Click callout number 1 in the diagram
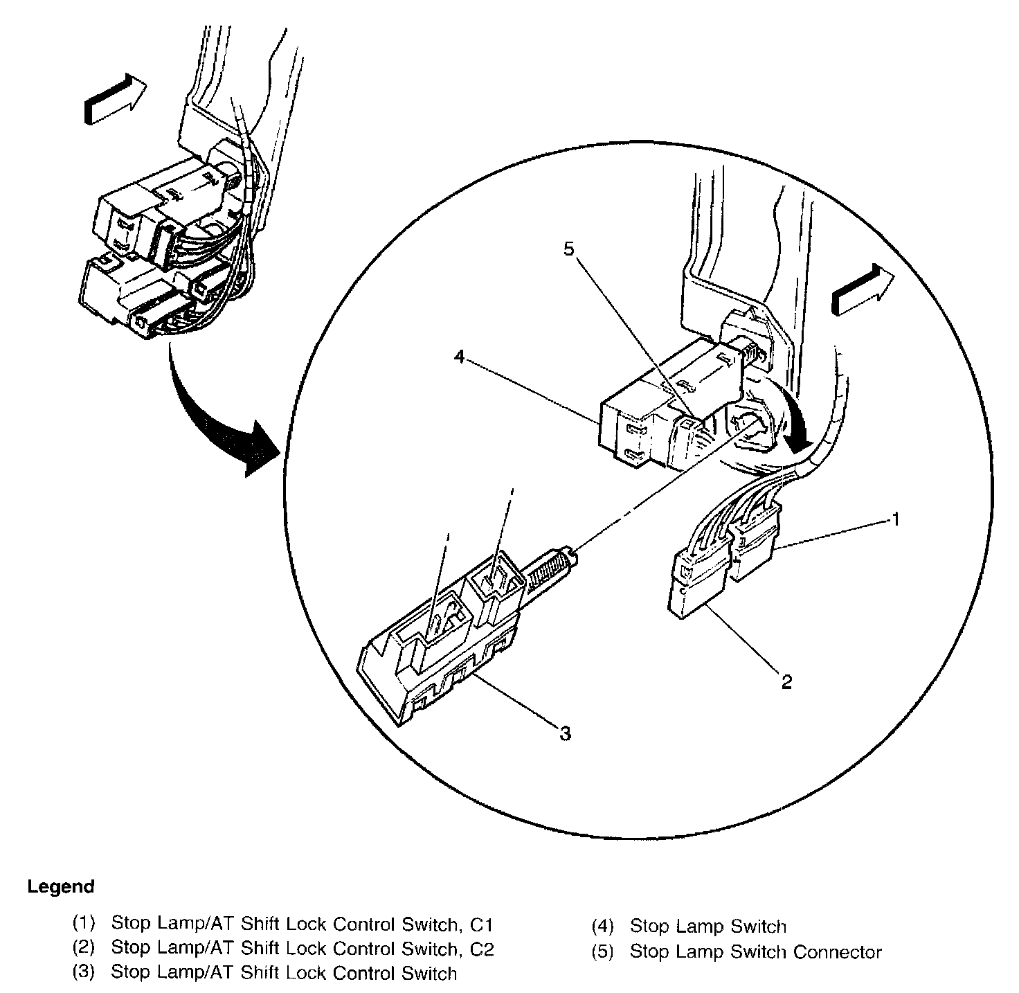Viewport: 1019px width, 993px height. click(x=896, y=519)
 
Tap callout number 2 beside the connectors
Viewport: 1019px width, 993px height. click(x=786, y=681)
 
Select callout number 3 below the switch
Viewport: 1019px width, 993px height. click(x=566, y=733)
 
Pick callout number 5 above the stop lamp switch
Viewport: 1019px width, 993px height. click(x=568, y=249)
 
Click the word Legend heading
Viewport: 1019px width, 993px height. click(x=61, y=886)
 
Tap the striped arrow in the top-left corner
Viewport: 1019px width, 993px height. click(x=115, y=100)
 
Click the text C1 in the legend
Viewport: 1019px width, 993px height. click(x=480, y=925)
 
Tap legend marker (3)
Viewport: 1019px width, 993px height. click(x=83, y=973)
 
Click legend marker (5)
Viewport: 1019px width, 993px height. click(x=602, y=952)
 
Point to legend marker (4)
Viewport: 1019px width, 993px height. click(x=602, y=927)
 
